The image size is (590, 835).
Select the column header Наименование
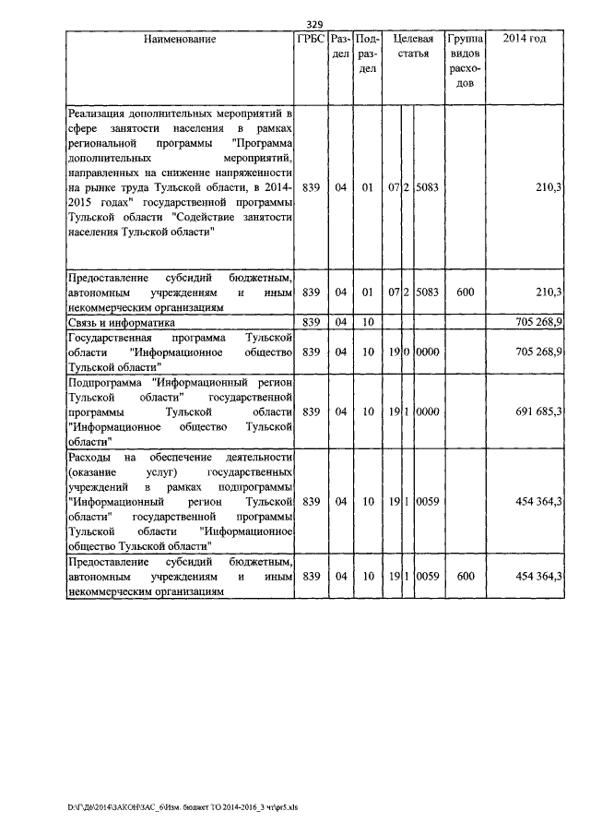180,40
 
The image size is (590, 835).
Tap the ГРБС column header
311,40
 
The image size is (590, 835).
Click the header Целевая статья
413,47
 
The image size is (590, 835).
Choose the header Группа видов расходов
465,62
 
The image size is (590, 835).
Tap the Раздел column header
340,47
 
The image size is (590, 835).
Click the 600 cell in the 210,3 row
465,292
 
